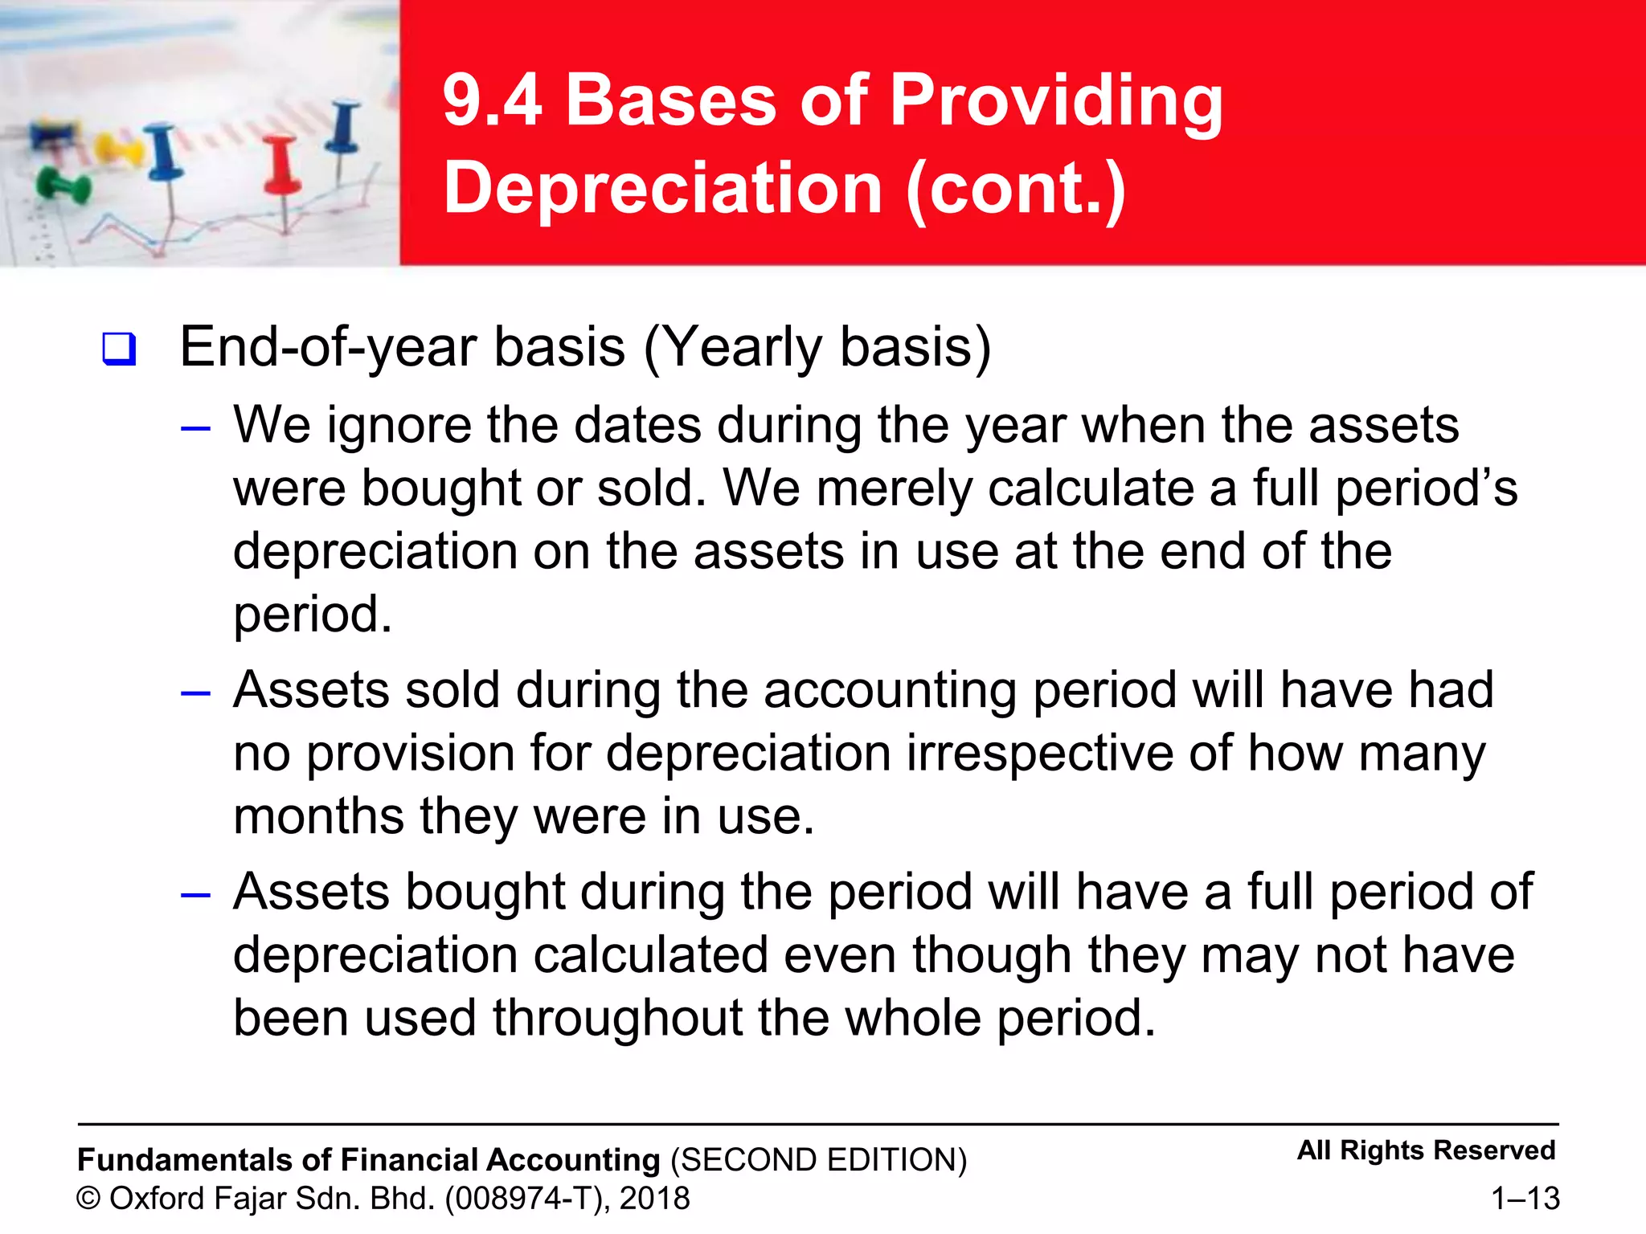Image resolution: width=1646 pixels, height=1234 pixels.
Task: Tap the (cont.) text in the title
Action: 1016,190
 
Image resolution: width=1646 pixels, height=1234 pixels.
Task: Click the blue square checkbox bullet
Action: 119,349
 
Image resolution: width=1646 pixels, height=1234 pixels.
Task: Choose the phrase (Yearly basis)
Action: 817,348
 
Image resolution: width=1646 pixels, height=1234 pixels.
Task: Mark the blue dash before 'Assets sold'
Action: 195,693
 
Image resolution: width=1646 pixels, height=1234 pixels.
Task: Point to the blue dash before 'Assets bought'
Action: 195,894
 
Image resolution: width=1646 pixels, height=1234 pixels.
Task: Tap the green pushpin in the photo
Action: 62,186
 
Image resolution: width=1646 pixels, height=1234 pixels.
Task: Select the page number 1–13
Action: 1525,1199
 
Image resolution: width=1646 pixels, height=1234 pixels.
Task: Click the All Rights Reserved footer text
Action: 1426,1150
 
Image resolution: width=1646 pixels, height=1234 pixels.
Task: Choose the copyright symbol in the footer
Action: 88,1199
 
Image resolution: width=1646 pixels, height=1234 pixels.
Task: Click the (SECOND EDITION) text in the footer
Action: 818,1160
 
